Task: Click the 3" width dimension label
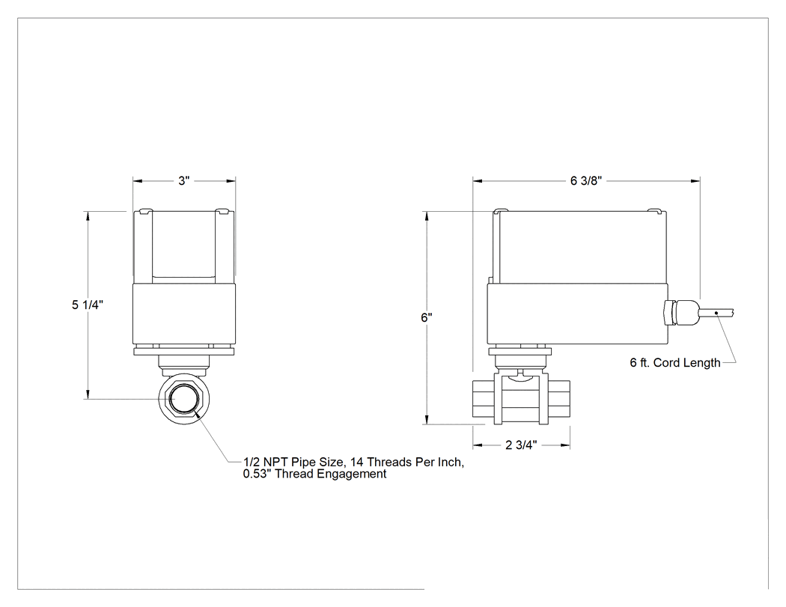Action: (x=184, y=181)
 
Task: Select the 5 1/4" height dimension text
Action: (x=88, y=305)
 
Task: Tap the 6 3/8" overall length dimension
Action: (x=585, y=181)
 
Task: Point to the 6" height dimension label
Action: (x=427, y=318)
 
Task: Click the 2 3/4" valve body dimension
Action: (x=521, y=445)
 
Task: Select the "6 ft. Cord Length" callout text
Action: (x=674, y=363)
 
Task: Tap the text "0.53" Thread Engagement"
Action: (x=315, y=475)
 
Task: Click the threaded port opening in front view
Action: (x=183, y=399)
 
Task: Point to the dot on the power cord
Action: (x=716, y=313)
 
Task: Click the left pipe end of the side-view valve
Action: (x=484, y=399)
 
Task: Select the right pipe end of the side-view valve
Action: (x=559, y=399)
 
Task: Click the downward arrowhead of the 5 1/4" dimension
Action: (x=88, y=394)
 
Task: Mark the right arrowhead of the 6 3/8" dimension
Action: (x=695, y=181)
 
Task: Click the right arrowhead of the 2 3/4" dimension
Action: (x=565, y=445)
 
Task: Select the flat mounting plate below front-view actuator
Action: (x=184, y=352)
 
